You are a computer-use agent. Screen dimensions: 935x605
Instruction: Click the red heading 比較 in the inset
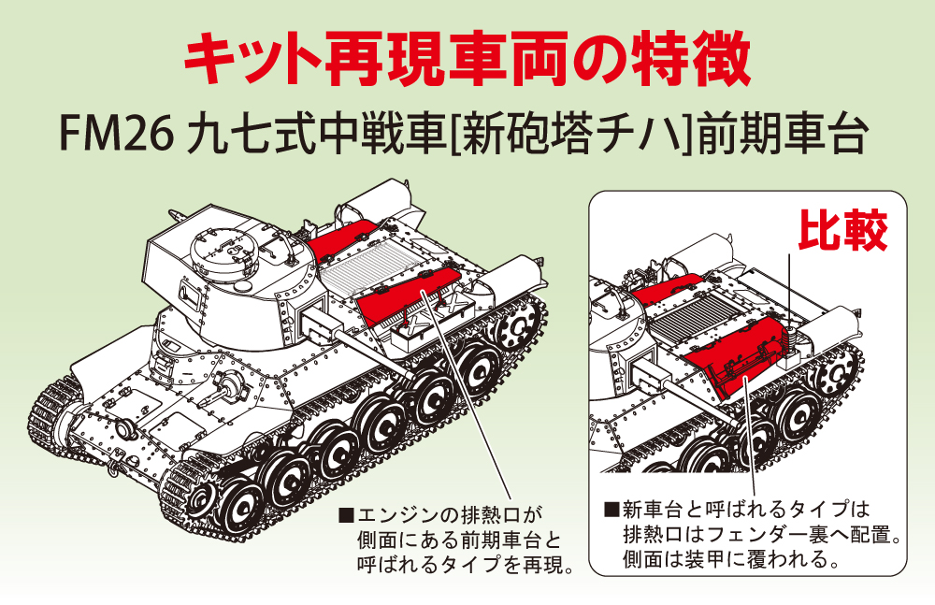842,231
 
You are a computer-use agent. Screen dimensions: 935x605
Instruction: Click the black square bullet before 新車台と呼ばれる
611,509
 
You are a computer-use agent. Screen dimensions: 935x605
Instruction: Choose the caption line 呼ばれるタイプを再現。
466,564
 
